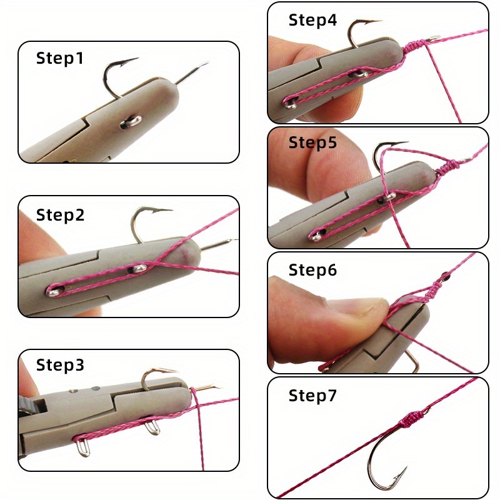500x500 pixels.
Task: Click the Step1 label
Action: [x=59, y=58]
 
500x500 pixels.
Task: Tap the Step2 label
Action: [x=60, y=215]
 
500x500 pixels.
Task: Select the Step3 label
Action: [x=60, y=365]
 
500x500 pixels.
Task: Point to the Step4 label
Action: [x=312, y=20]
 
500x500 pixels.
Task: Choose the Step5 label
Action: [x=312, y=142]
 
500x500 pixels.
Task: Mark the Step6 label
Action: [x=312, y=270]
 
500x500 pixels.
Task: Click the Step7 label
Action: [x=312, y=396]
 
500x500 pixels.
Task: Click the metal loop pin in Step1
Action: [x=131, y=122]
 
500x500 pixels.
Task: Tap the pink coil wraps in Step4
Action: [x=415, y=46]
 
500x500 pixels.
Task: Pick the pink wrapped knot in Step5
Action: [x=449, y=167]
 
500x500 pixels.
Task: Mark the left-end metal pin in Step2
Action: [x=54, y=291]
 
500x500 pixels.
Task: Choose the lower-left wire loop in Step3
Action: [x=84, y=446]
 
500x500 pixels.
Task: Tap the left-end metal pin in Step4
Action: [x=291, y=103]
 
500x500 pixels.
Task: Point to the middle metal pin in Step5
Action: [x=387, y=197]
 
